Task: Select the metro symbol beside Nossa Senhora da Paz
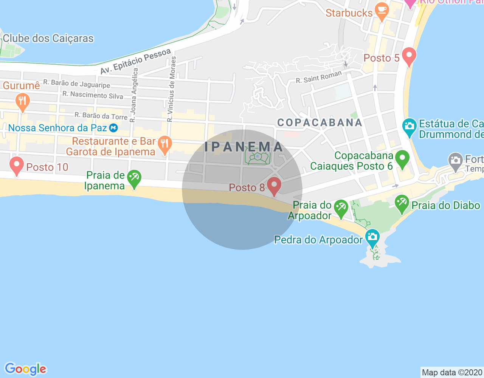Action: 113,128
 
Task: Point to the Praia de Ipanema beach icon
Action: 134,178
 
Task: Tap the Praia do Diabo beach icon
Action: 402,203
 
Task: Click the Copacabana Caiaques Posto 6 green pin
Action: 402,159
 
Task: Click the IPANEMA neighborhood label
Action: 244,147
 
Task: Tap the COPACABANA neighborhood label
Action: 320,122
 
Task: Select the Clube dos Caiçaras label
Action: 48,39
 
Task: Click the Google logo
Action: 25,369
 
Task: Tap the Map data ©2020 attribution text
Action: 452,372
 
